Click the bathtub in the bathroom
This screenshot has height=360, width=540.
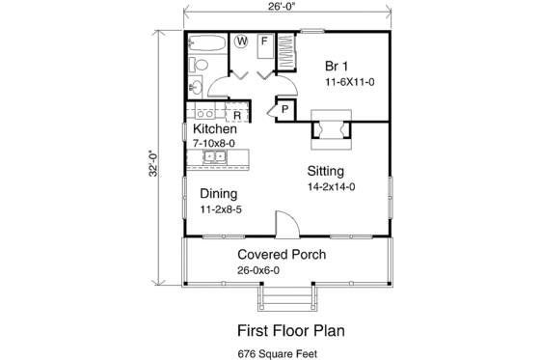[204, 43]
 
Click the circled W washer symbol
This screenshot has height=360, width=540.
[240, 42]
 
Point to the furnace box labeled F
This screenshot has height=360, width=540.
[262, 42]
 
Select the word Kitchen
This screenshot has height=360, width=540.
[215, 129]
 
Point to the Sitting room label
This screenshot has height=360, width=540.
[326, 170]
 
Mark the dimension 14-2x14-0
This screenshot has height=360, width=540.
[331, 186]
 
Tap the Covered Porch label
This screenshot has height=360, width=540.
[281, 255]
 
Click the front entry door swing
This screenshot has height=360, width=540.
[286, 224]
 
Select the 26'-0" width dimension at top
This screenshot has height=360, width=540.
[289, 8]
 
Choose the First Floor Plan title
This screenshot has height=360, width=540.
[290, 330]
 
